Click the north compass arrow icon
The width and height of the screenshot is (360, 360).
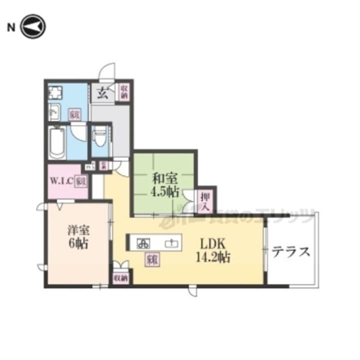(33, 26)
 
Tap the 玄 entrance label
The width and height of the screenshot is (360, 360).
(102, 93)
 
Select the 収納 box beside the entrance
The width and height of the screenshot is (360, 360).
(123, 92)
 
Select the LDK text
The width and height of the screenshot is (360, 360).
(214, 244)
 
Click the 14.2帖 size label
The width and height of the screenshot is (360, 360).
(214, 258)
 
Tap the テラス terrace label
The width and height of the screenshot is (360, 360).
(291, 251)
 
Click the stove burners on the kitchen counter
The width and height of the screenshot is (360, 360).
(143, 243)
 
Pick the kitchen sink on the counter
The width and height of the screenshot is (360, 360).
(171, 243)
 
